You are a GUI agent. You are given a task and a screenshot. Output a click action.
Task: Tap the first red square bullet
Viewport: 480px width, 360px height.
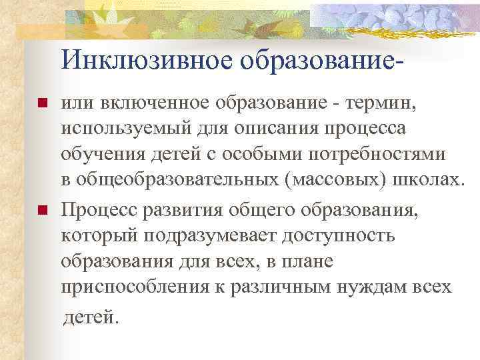pos(42,105)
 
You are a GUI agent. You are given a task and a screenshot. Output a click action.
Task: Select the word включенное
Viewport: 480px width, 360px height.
pos(152,104)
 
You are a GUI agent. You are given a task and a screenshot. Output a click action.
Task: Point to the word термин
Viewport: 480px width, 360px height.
pos(374,104)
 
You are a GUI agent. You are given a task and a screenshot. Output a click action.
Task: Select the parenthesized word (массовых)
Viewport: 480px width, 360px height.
pos(320,180)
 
